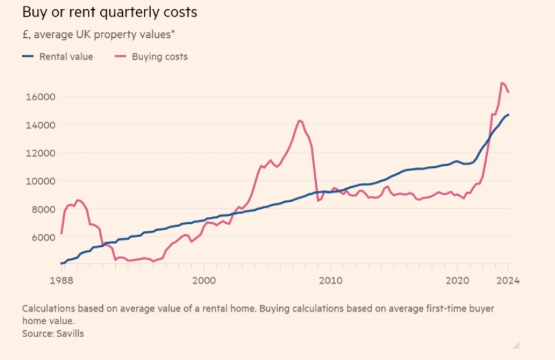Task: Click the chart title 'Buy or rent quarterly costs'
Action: (x=109, y=12)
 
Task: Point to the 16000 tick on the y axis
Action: (x=40, y=97)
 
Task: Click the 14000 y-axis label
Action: (x=40, y=125)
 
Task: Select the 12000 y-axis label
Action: (x=40, y=153)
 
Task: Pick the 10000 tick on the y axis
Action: (x=40, y=181)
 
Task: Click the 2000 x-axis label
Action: (x=204, y=281)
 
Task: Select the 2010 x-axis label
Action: (x=331, y=281)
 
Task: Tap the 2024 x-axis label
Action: (x=508, y=281)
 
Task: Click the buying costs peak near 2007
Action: (x=299, y=120)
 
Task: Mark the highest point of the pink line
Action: (x=502, y=83)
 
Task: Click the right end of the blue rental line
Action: (x=508, y=115)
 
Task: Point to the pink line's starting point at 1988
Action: (x=61, y=232)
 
